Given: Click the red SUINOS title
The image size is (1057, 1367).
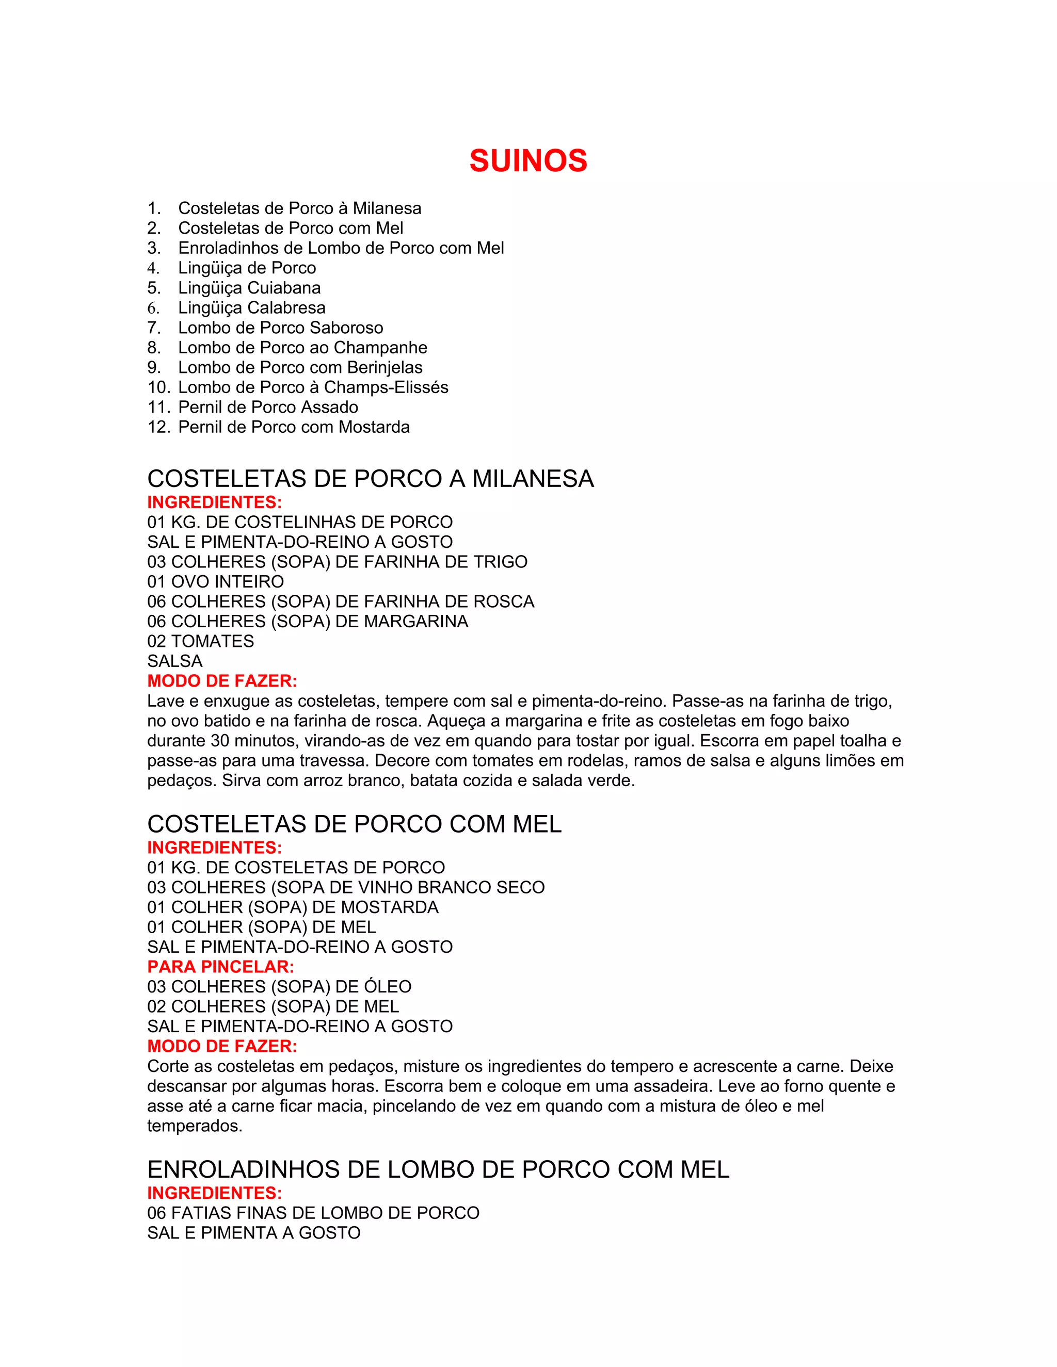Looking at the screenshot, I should tap(528, 161).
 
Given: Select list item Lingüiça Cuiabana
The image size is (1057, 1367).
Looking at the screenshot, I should tap(249, 288).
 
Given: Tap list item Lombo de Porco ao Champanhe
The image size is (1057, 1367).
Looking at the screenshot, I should tap(302, 347).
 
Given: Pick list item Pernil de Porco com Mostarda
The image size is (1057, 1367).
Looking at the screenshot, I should tap(294, 427).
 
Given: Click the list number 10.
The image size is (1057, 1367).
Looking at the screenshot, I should tap(158, 387).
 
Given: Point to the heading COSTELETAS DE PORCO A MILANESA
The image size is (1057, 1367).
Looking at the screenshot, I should tap(370, 479).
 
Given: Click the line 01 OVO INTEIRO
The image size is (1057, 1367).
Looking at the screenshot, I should tap(215, 581).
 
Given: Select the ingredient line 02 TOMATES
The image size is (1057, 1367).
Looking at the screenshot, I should tap(200, 641).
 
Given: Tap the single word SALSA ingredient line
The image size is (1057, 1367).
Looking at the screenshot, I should tap(175, 661).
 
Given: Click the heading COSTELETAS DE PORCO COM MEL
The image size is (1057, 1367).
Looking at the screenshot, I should tap(355, 824).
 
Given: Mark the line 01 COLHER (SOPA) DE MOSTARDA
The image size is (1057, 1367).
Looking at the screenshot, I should tap(293, 907).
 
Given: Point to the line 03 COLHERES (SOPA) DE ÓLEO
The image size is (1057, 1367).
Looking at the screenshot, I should tap(279, 986).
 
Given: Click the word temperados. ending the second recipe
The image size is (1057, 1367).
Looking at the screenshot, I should tap(195, 1126).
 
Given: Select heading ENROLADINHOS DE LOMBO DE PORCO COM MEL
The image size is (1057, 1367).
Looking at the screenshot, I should tap(438, 1170).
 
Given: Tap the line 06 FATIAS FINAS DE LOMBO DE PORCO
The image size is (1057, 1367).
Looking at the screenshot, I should tap(313, 1213).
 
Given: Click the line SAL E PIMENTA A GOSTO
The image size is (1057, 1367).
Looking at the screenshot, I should tap(253, 1233).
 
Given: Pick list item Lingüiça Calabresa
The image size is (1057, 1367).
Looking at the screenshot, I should tap(252, 308).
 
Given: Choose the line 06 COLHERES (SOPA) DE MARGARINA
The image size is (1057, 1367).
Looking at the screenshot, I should tap(308, 621).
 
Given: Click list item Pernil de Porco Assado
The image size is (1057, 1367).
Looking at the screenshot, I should tap(268, 408).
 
